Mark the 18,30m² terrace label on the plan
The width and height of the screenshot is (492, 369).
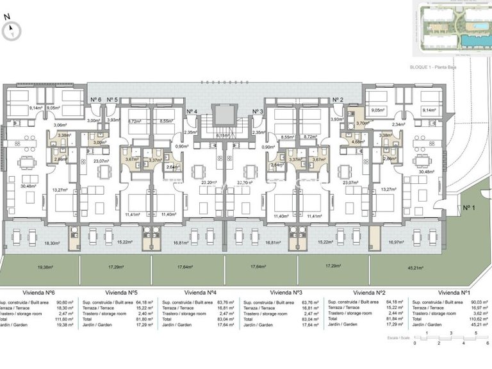click(53, 243)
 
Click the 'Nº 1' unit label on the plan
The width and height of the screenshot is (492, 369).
click(470, 208)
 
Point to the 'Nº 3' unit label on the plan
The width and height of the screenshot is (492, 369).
click(258, 111)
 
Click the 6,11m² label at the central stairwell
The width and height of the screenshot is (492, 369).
click(223, 135)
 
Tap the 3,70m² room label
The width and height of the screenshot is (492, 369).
click(363, 123)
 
